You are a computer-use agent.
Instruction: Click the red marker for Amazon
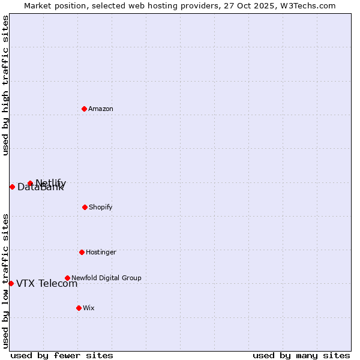84,109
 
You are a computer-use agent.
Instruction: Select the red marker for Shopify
85,207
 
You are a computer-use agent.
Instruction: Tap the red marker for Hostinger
82,252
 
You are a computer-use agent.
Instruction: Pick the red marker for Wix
79,308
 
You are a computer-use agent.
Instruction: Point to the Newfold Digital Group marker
67,278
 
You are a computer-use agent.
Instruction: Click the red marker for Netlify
30,183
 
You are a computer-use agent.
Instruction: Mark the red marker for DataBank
12,187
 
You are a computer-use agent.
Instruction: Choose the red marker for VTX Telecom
11,283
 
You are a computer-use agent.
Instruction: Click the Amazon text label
101,109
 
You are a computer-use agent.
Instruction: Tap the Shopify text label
101,207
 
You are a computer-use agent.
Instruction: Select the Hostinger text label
101,252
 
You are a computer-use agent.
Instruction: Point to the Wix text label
89,308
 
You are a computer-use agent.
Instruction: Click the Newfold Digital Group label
106,278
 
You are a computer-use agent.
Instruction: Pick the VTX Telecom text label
47,284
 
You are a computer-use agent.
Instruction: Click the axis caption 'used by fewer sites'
62,355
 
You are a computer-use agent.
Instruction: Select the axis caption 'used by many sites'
301,355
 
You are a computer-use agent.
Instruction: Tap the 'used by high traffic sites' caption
5,85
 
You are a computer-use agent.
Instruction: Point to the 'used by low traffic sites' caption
5,280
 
